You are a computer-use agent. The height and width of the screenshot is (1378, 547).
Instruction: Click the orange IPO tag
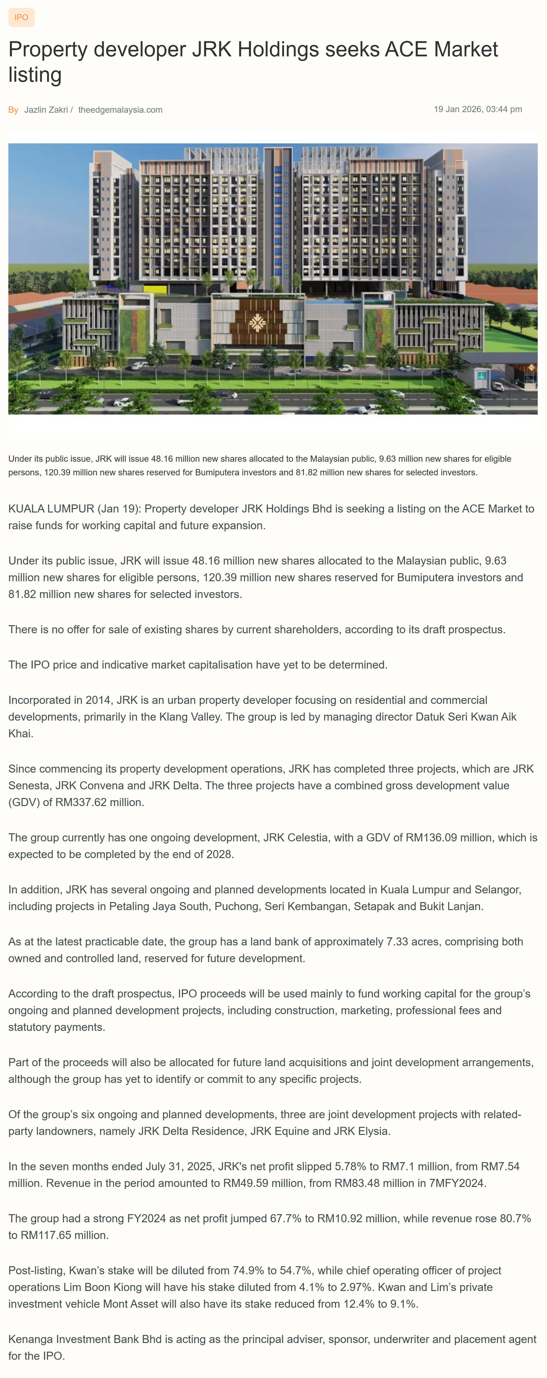click(21, 17)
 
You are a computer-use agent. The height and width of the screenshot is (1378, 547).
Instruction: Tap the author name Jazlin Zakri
click(46, 110)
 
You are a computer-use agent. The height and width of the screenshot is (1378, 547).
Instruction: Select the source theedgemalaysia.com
click(120, 110)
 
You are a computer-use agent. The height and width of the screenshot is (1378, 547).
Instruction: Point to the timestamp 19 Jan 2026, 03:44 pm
click(477, 109)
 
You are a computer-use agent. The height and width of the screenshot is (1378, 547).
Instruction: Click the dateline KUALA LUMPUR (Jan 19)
click(74, 509)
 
